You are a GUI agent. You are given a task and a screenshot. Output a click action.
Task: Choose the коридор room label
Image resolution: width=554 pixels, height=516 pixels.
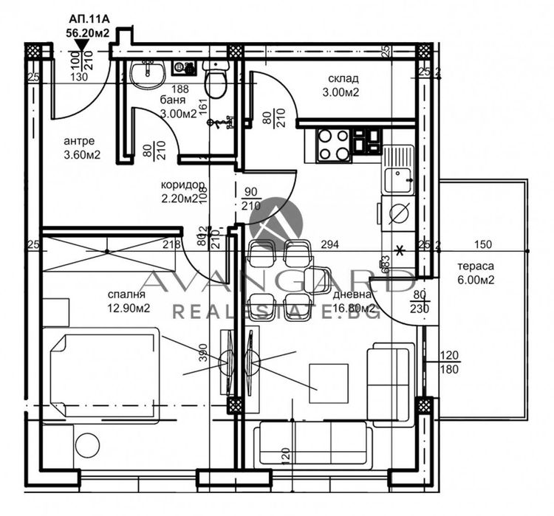[182, 185]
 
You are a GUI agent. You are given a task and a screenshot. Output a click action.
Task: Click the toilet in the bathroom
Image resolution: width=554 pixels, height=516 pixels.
[216, 82]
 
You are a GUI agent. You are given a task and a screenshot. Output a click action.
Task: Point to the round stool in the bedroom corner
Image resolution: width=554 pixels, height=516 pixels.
[87, 445]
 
